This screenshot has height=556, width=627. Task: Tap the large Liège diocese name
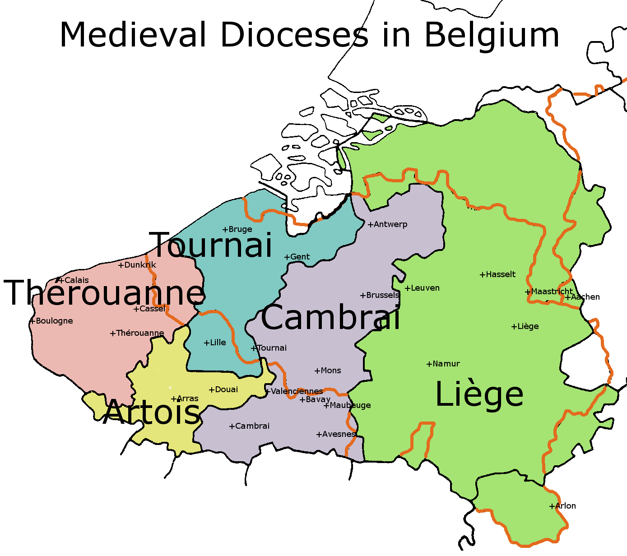coord(479,394)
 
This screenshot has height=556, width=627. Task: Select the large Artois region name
coord(152,412)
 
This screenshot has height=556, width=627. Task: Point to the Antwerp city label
coord(390,224)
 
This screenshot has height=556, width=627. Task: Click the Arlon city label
coord(565,506)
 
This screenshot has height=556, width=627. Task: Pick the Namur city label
coord(446,364)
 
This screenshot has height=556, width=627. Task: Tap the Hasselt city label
coord(500,274)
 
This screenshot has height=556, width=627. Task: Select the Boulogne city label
coord(54,321)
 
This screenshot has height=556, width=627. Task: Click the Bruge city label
coord(240,229)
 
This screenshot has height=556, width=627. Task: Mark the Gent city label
coord(300,257)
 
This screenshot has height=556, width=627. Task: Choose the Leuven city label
coord(425,288)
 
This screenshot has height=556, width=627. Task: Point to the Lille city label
coord(218,343)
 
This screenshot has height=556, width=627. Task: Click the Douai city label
coord(226,389)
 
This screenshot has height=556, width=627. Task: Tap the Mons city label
coord(330,371)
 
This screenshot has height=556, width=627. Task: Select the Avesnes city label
coord(339,434)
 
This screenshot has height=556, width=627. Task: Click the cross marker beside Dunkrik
coord(121,265)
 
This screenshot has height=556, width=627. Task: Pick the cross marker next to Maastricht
coord(528,292)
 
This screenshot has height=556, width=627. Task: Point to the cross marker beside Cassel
coord(136,309)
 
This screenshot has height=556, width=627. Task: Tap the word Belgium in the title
coord(492,35)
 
